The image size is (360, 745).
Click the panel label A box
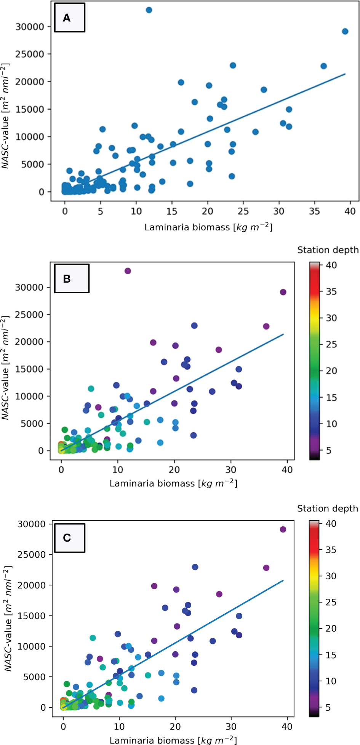point(69,18)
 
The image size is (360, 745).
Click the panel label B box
point(72,278)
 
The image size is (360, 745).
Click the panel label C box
point(69,538)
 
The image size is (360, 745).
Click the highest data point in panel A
point(149,10)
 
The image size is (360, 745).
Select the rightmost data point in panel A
point(345,31)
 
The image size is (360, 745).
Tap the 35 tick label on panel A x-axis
point(314,211)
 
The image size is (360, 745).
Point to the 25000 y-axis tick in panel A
point(30,54)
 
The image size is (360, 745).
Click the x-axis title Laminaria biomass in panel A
point(208,227)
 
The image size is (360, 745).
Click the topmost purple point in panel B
point(128,271)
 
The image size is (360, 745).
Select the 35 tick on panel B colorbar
point(331,291)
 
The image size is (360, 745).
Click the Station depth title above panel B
point(328,250)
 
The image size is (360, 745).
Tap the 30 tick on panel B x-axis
point(231,470)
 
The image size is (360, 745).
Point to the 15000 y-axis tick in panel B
point(30,369)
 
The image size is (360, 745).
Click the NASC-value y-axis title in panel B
point(5,368)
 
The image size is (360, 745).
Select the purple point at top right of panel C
point(283,529)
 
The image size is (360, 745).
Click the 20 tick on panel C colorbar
point(331,628)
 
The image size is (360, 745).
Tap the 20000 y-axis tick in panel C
point(32,585)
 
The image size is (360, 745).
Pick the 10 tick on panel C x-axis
point(119,726)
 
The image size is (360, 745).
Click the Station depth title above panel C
point(327,508)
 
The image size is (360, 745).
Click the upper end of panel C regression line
point(283,581)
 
